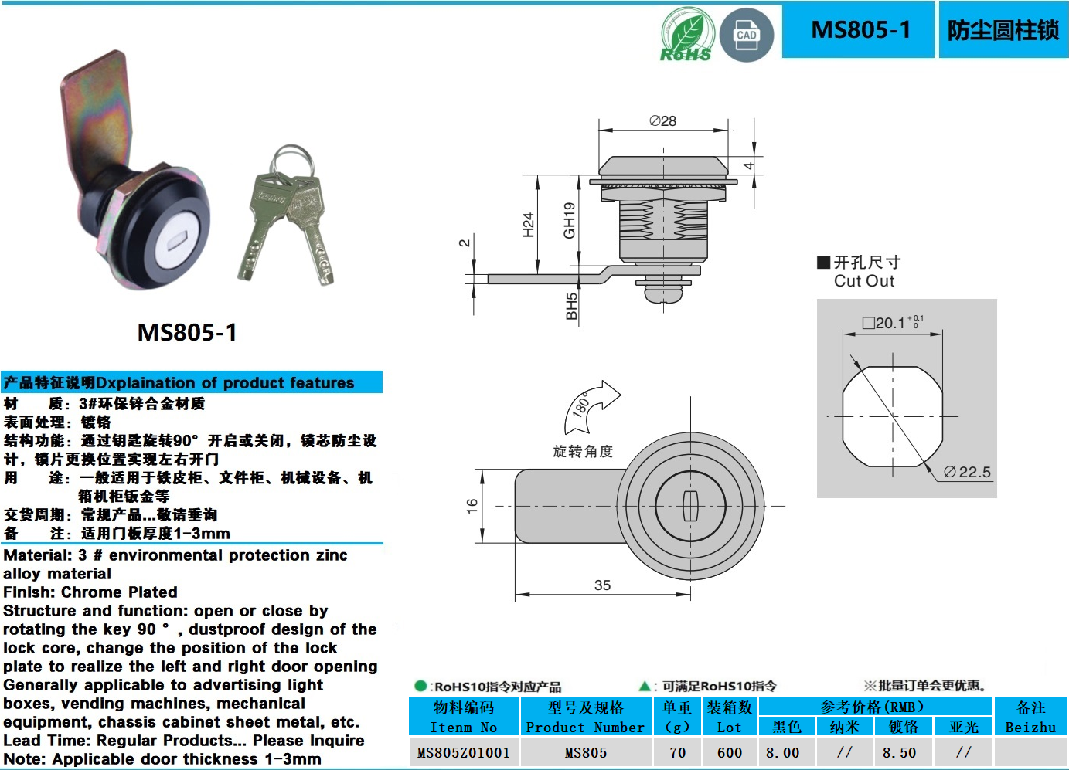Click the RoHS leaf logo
(x=686, y=35)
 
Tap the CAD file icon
(x=746, y=36)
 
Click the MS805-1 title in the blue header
(x=860, y=30)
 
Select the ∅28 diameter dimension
(x=662, y=121)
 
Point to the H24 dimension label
(x=529, y=224)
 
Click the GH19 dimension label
(x=570, y=220)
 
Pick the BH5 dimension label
(x=571, y=306)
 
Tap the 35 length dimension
(x=602, y=585)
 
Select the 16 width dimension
(x=472, y=506)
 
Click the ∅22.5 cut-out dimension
(x=967, y=472)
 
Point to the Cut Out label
(x=863, y=281)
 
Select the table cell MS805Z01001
(x=463, y=752)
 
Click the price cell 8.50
(x=899, y=752)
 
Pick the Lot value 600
(x=729, y=752)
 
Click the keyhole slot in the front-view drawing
(x=690, y=505)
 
